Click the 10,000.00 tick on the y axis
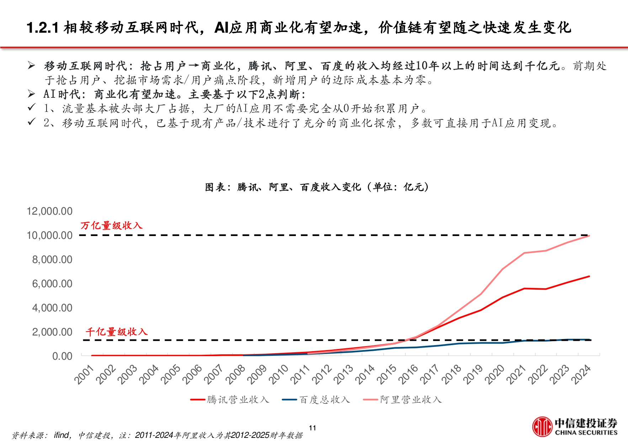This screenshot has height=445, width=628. point(50,235)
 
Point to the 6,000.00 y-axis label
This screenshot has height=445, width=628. point(52,284)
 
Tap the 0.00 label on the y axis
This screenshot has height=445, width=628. point(62,356)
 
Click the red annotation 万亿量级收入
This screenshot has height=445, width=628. point(111,226)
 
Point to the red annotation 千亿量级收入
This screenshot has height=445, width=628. point(116,332)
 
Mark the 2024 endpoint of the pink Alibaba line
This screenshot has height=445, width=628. point(589,236)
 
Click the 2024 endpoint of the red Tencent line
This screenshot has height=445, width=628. point(589,277)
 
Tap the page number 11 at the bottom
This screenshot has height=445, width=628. point(312,428)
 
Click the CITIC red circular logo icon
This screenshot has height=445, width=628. point(542,427)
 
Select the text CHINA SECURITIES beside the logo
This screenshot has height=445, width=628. point(586,433)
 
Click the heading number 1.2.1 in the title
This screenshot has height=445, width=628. point(43,28)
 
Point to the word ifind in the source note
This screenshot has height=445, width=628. point(62,435)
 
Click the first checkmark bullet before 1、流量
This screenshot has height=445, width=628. point(32,107)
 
